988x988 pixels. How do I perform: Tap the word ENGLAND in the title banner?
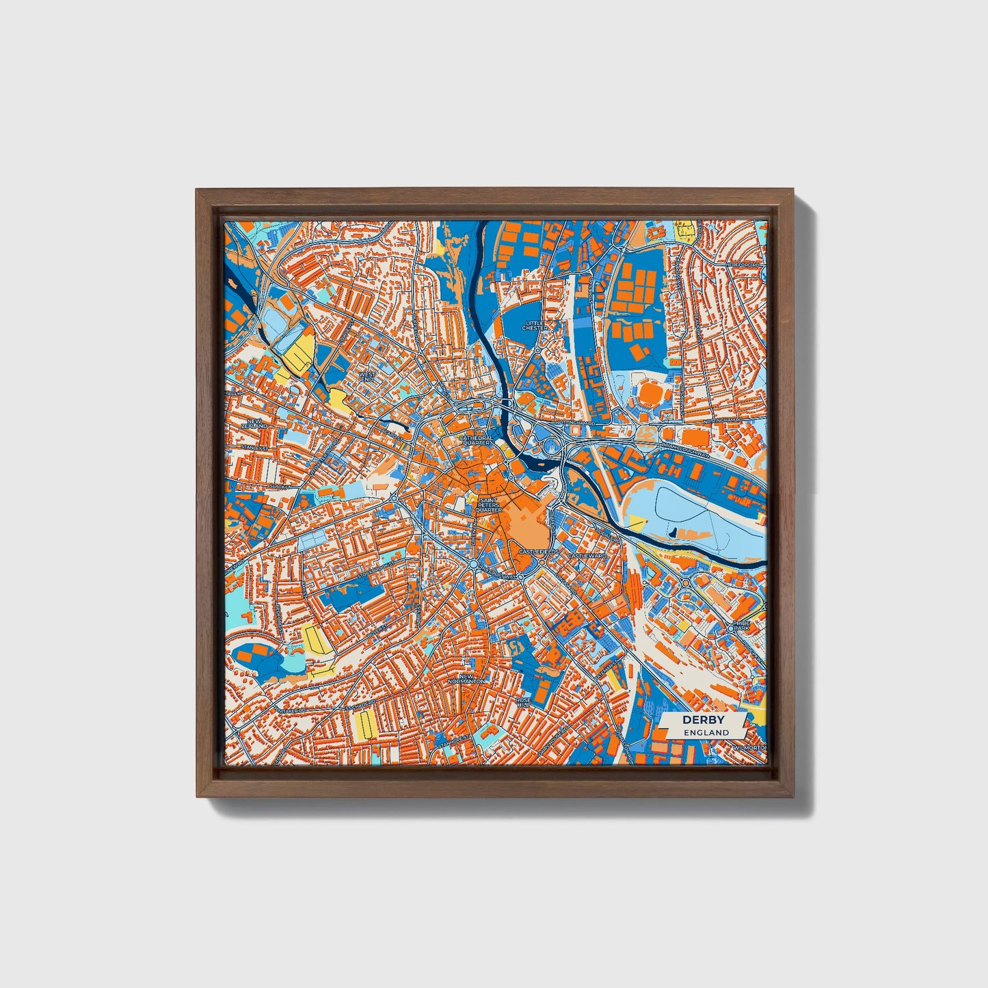(x=708, y=732)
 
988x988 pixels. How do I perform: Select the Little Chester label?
(x=535, y=325)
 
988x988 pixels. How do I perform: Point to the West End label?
(x=367, y=378)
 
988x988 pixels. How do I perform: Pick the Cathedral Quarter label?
(x=476, y=440)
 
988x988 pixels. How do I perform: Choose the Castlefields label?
(x=538, y=551)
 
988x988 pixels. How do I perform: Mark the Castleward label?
(x=586, y=556)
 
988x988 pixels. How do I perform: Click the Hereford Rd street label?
(x=745, y=264)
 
